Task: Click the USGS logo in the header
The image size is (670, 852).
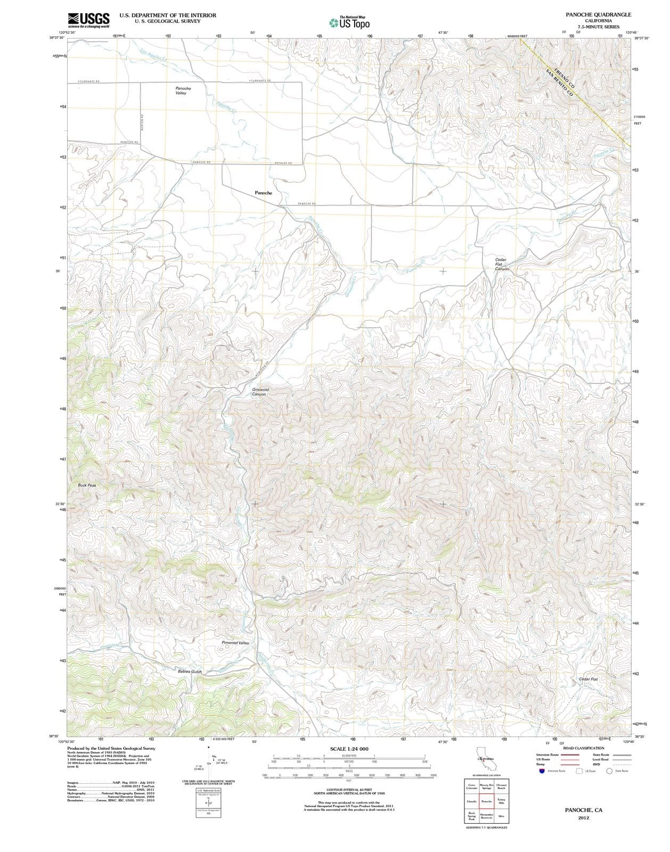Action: (88, 20)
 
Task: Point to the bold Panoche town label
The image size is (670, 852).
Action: (263, 193)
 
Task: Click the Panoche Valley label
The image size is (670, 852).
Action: (183, 91)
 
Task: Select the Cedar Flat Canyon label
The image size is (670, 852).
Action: (502, 264)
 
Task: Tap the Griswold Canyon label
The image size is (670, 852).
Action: (260, 392)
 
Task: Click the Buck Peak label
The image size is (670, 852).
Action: (87, 485)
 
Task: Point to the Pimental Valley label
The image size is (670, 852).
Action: (235, 643)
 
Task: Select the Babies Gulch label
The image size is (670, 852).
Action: (190, 671)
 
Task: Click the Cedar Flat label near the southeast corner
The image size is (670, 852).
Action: (588, 679)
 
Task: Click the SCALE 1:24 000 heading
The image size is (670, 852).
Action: (349, 749)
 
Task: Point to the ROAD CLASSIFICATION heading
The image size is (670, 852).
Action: (583, 748)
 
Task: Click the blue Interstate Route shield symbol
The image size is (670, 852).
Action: (541, 771)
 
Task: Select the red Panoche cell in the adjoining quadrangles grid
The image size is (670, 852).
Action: (486, 801)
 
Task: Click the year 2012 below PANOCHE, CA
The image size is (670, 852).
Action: (584, 818)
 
